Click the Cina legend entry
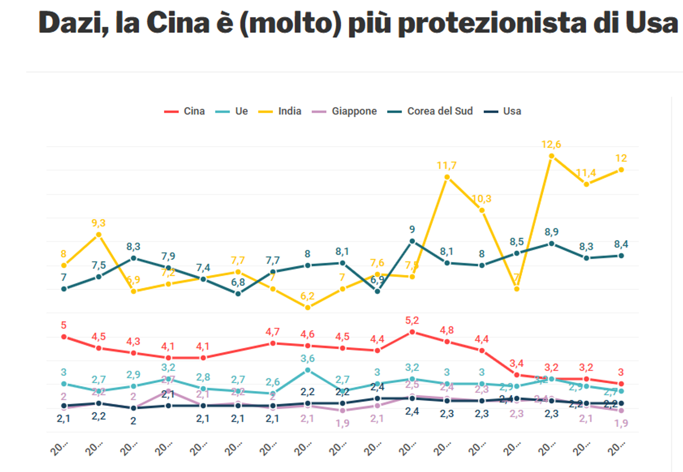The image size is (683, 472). pos(185,112)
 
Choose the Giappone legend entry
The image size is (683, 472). pos(345,112)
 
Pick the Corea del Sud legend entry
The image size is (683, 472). pos(430,112)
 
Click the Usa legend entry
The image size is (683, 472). pos(503,112)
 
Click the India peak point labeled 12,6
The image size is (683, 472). pos(551,156)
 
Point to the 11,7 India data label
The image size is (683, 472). pos(446,166)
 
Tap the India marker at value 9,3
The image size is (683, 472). pos(98,235)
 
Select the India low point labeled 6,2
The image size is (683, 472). pos(308,308)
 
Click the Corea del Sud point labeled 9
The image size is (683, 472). pos(412,241)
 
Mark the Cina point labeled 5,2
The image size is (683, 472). pos(412,332)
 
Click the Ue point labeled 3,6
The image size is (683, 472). pos(308,370)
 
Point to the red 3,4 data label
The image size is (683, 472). pos(516,364)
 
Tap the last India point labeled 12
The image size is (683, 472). pos(621,170)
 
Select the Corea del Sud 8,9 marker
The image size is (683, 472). pos(551,244)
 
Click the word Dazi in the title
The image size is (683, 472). pos(73,23)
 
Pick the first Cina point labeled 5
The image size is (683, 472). pos(64,337)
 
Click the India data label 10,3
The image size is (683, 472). pos(481,199)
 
